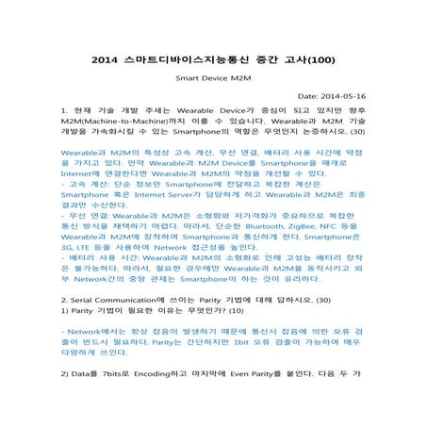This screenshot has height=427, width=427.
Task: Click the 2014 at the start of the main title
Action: pyautogui.click(x=107, y=57)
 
